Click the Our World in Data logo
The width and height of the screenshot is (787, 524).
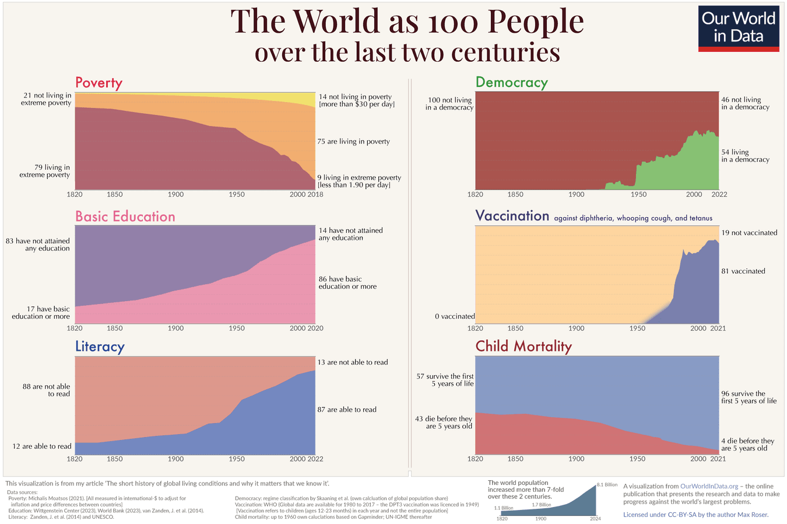click(x=739, y=29)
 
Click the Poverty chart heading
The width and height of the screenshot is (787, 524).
click(x=99, y=83)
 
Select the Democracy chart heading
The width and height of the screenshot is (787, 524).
click(x=511, y=83)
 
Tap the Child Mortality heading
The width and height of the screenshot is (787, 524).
click(x=524, y=346)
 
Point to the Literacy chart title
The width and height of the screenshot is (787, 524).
click(x=100, y=347)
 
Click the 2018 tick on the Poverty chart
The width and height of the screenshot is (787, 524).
click(x=315, y=194)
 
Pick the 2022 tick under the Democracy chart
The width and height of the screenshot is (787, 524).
click(x=719, y=194)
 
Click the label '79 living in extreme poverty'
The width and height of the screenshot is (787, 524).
click(x=45, y=171)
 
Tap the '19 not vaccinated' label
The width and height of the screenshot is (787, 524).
click(x=749, y=233)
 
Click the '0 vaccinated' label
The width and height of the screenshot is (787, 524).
click(x=455, y=316)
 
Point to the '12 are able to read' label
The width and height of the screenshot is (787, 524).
click(x=42, y=446)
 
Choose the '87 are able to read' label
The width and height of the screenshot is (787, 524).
click(x=347, y=410)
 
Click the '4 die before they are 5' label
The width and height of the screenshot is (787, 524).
click(x=747, y=445)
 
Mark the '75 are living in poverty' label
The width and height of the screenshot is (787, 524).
click(x=353, y=142)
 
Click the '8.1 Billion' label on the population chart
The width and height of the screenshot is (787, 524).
click(x=607, y=485)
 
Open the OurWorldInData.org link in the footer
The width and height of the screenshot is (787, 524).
click(x=709, y=486)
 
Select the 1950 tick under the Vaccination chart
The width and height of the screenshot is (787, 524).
click(x=637, y=329)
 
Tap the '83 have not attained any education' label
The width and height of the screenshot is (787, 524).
click(x=38, y=244)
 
